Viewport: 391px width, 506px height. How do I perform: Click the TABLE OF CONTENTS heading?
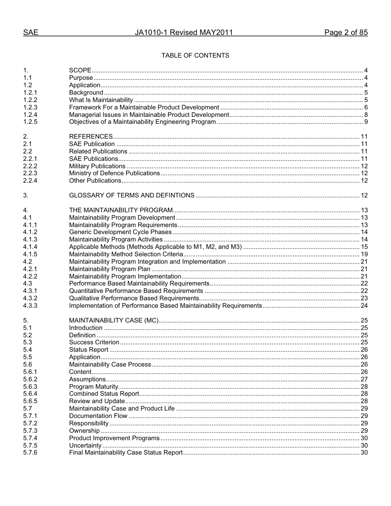195,56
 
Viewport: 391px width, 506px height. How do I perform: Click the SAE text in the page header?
31,32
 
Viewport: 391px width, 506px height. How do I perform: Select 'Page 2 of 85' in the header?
346,32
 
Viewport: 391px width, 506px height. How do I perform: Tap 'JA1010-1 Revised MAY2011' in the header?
184,32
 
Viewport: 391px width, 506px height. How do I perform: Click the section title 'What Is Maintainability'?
101,100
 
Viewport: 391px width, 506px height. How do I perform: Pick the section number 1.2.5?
30,122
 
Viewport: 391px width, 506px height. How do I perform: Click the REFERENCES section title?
91,137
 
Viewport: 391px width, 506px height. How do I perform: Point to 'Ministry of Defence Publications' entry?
114,173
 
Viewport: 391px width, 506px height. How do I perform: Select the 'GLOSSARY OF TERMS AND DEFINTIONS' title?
132,195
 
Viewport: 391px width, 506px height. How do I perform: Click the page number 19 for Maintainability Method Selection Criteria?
364,254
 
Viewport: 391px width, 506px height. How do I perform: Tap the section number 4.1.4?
30,247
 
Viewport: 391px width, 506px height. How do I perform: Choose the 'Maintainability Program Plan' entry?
109,269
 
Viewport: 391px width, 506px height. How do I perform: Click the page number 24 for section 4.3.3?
364,306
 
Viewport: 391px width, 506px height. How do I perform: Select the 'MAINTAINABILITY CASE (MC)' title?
114,320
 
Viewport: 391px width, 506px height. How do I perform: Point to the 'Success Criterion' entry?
94,342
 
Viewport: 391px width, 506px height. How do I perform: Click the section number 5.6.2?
30,379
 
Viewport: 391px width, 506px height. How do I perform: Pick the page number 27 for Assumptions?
364,379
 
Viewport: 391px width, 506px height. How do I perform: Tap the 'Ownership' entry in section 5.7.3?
84,431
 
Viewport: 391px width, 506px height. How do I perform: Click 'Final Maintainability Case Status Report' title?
126,453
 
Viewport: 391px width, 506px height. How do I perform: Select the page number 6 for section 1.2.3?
365,107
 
